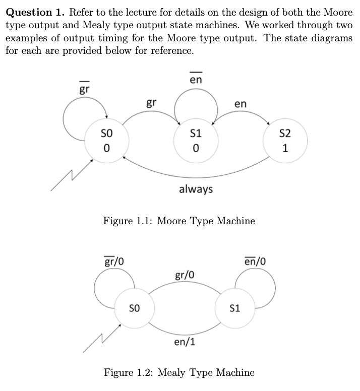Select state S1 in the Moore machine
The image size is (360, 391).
tap(196, 141)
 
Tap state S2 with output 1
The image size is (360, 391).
tap(285, 141)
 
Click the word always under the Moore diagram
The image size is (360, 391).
tap(196, 189)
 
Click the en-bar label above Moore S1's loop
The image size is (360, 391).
tap(196, 79)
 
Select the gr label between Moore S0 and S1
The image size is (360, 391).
tap(151, 103)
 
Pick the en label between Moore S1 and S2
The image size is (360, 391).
tap(241, 103)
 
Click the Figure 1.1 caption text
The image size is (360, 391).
tap(179, 221)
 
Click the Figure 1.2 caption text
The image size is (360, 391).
tap(179, 373)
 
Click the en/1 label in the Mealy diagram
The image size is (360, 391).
tap(185, 343)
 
